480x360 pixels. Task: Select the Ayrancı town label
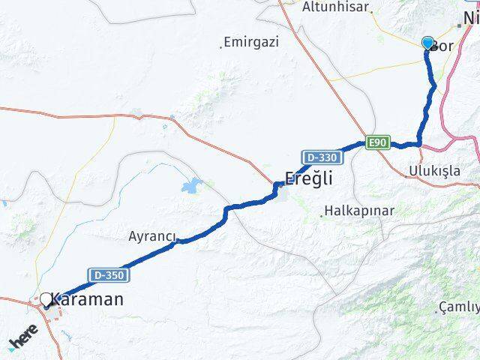(x=151, y=237)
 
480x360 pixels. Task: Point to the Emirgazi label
(x=253, y=42)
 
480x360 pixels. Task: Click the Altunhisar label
(x=335, y=7)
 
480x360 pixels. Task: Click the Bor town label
(x=443, y=46)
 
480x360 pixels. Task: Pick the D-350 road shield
(x=106, y=275)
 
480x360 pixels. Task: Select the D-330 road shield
(x=322, y=157)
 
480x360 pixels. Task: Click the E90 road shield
(x=377, y=142)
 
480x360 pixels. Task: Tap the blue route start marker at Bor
(x=427, y=43)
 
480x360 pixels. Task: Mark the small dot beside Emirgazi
(x=222, y=46)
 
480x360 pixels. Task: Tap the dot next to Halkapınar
(x=322, y=215)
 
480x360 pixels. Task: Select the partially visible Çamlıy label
(x=461, y=307)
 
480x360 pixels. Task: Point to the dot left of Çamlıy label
(x=439, y=308)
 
